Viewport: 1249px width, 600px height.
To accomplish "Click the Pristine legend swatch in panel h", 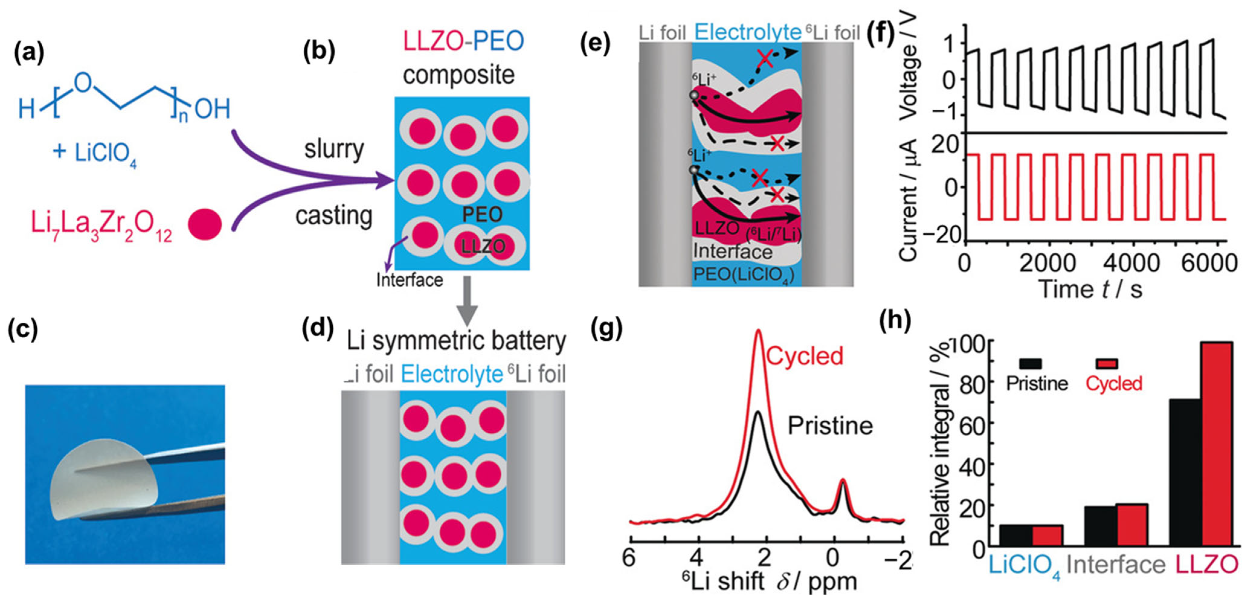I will point(1030,364).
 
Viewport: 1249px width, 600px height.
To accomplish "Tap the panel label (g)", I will point(606,329).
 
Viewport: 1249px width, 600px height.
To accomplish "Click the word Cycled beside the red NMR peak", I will point(805,356).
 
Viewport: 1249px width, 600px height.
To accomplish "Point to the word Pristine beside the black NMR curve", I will point(830,425).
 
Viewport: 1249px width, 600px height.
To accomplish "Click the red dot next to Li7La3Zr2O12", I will point(205,224).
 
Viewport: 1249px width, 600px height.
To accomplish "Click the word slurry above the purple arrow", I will point(334,149).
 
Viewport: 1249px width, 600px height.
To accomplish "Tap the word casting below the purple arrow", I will point(334,216).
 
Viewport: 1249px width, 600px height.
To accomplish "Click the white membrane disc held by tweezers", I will point(104,477).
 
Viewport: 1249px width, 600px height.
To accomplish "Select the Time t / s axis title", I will point(1091,289).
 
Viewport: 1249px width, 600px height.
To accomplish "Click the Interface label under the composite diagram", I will point(410,280).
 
